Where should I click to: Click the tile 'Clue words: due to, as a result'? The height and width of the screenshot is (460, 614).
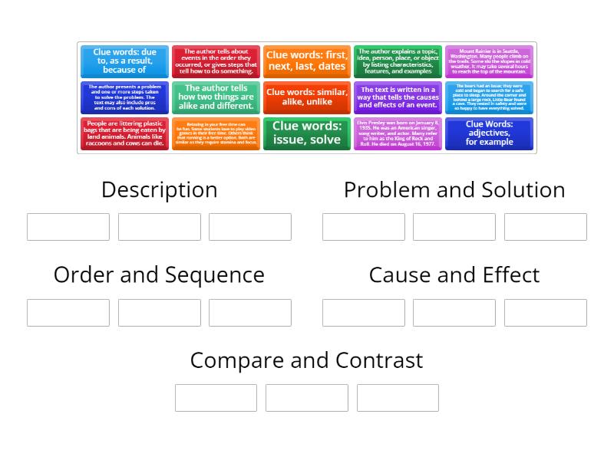click(x=124, y=61)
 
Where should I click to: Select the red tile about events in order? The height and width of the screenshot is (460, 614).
click(x=216, y=61)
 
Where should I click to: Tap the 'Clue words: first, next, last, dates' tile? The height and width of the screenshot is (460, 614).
click(x=306, y=61)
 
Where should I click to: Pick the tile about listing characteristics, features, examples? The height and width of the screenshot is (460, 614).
click(x=398, y=61)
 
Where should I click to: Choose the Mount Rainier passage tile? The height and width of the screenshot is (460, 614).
click(x=489, y=61)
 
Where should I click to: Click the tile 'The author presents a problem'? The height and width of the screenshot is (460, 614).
click(x=124, y=97)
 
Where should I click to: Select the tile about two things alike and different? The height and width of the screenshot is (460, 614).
click(x=216, y=97)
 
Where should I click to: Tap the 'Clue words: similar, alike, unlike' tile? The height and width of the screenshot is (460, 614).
click(x=306, y=97)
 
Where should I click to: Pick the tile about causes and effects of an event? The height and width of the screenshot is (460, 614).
click(x=398, y=97)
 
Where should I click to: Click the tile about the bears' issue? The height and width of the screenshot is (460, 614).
click(x=489, y=97)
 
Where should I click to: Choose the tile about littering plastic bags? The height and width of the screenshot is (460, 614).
click(x=124, y=133)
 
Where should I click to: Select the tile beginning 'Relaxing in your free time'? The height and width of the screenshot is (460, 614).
click(x=216, y=133)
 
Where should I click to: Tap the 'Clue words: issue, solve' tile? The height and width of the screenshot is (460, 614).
click(x=306, y=133)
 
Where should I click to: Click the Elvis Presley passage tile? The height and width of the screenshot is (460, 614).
click(x=398, y=133)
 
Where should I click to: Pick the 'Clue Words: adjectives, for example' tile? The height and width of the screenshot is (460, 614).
click(x=489, y=133)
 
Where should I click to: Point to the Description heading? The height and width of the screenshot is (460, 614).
click(x=159, y=189)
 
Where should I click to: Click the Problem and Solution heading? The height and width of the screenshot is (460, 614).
click(x=454, y=189)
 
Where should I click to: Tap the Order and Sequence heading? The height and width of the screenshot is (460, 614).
click(x=159, y=274)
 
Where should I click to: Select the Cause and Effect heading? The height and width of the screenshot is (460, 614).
click(x=454, y=274)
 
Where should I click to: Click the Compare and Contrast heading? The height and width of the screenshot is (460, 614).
click(x=306, y=360)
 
